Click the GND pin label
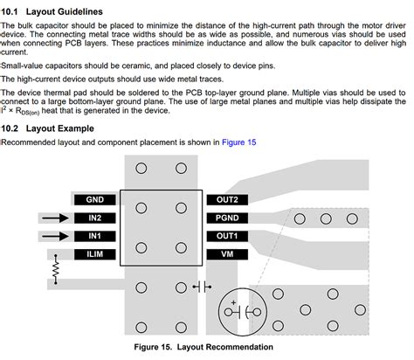pos(95,200)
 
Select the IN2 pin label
pos(95,218)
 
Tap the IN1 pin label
pos(95,236)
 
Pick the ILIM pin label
pos(95,254)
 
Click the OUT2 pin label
pos(227,200)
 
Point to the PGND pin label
pos(227,218)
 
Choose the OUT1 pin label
pos(227,236)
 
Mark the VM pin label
pos(227,254)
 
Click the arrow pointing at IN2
pos(55,218)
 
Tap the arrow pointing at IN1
pos(55,236)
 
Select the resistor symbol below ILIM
pos(56,269)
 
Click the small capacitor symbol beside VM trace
pos(202,287)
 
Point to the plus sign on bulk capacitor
pos(233,302)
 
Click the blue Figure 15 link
pos(239,142)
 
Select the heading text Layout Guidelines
pos(65,12)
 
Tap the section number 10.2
pos(10,128)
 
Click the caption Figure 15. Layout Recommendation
pos(204,347)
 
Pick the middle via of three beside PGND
pos(326,218)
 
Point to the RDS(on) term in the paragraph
pos(27,112)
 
